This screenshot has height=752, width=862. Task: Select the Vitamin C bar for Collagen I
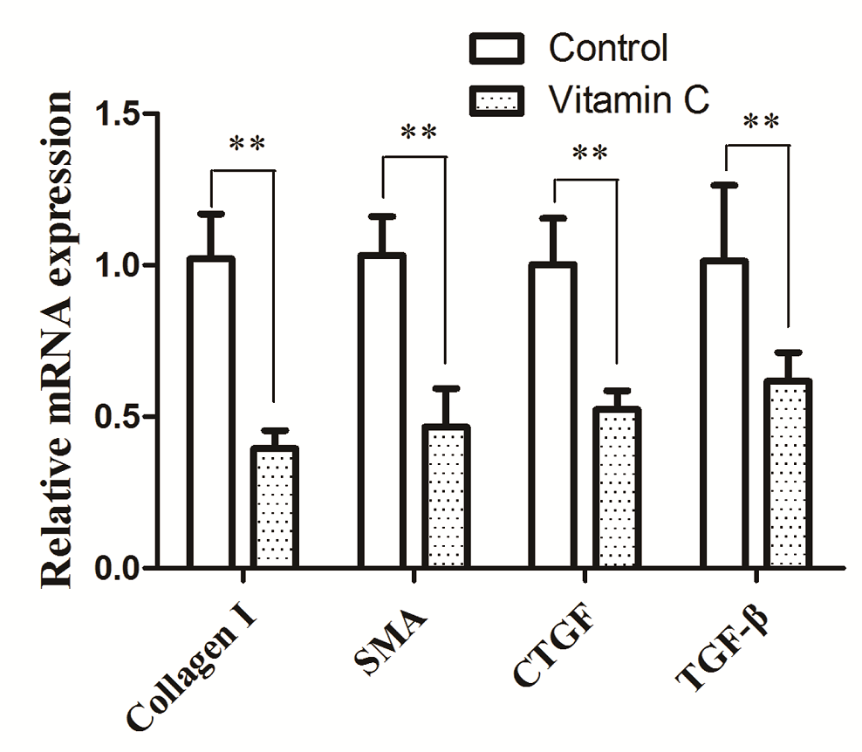tap(275, 507)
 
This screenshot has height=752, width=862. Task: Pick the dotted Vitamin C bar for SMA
tap(446, 496)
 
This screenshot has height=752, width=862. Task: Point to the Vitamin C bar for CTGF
tap(617, 488)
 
